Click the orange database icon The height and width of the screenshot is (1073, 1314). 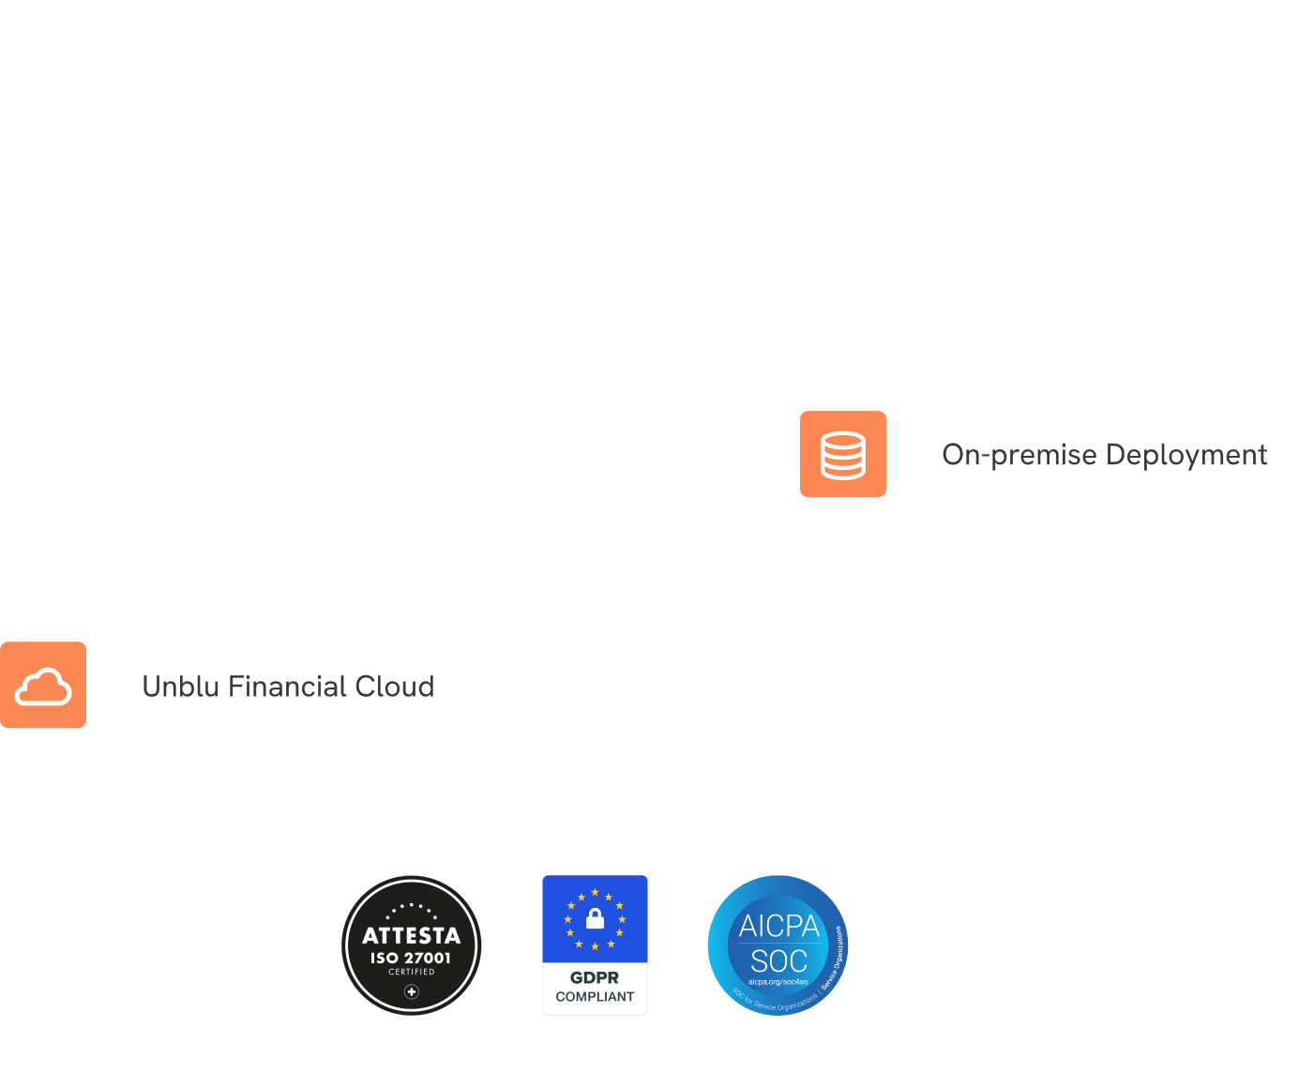click(x=842, y=455)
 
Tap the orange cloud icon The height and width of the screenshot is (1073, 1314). click(x=43, y=686)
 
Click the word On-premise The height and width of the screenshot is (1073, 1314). click(x=1019, y=455)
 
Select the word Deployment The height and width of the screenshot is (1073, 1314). click(x=1186, y=456)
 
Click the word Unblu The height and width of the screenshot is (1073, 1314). click(x=180, y=687)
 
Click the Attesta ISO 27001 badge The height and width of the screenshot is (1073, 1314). click(x=411, y=945)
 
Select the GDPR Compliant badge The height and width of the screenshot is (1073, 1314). click(x=595, y=945)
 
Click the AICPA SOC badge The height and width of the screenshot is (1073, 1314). click(x=778, y=945)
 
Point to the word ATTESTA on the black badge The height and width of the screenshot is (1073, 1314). click(x=411, y=936)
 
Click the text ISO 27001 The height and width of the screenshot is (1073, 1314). click(x=411, y=958)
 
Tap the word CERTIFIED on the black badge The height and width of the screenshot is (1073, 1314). click(x=412, y=972)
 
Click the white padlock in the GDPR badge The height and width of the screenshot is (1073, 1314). click(x=595, y=918)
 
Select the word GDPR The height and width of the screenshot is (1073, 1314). click(x=595, y=977)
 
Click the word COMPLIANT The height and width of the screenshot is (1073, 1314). click(x=595, y=996)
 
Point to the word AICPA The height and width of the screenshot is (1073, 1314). click(x=778, y=927)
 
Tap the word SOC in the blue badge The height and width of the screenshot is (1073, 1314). click(x=778, y=961)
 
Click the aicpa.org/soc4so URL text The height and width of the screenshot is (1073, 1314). click(x=778, y=982)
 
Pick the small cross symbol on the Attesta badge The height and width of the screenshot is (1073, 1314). click(x=412, y=991)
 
